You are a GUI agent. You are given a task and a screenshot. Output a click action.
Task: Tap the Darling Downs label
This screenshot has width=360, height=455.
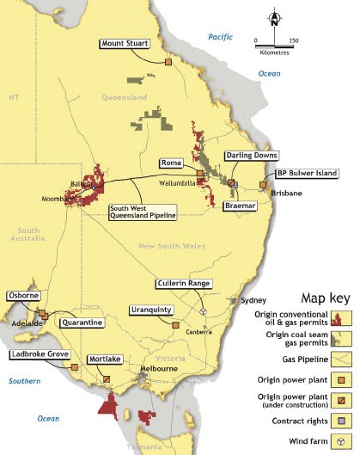[249, 156]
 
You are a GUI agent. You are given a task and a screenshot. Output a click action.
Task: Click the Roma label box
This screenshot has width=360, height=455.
[170, 163]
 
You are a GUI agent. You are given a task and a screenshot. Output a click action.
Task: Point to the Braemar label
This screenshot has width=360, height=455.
[241, 206]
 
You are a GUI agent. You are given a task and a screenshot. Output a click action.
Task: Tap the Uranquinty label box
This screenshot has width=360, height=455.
[150, 310]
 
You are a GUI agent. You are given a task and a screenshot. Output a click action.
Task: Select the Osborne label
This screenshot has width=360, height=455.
[23, 295]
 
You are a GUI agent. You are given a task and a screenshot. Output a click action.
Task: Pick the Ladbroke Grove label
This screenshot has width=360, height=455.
[40, 354]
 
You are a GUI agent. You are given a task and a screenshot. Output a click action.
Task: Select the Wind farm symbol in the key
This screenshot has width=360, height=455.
[343, 440]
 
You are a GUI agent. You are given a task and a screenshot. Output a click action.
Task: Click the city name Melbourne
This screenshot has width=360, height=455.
[160, 368]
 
